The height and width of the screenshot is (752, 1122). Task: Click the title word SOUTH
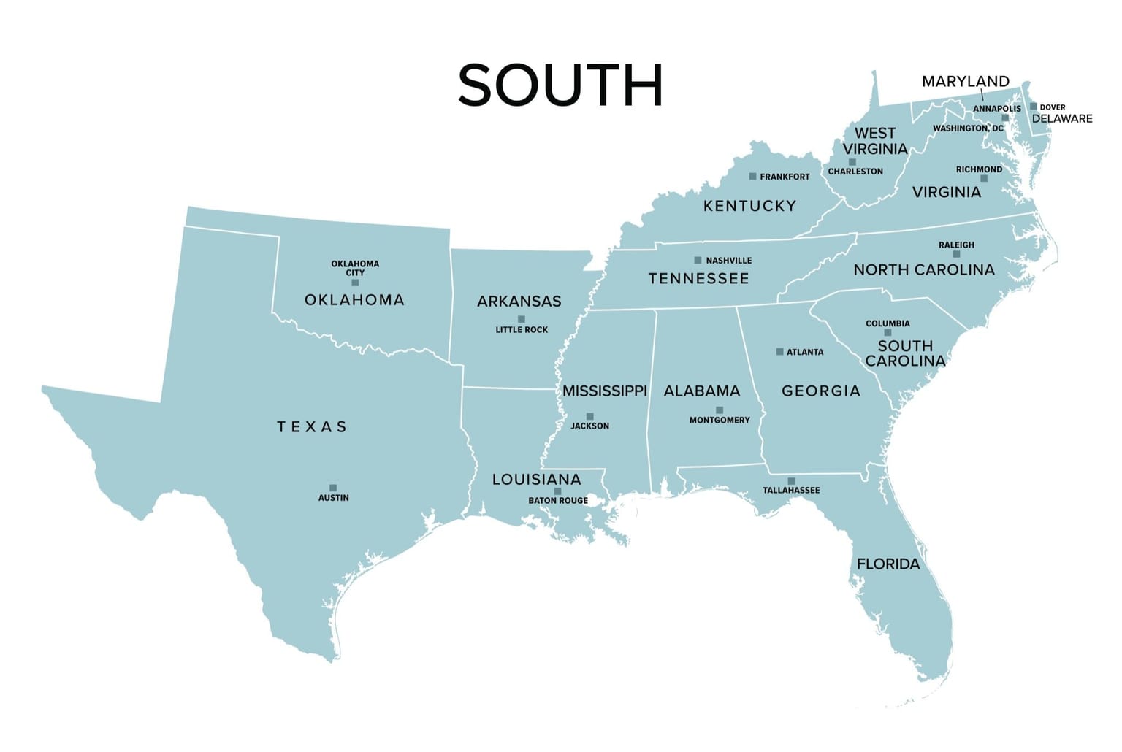coord(560,85)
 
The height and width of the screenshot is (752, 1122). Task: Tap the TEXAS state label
coord(312,426)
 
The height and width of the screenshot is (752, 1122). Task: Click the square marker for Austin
coord(333,488)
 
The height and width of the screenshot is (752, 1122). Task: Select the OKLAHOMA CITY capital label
coord(355,268)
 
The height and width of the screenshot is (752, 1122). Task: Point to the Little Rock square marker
coord(521,319)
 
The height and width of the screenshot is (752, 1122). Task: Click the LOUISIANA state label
coord(536,480)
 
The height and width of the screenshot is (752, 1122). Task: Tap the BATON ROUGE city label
coord(558,501)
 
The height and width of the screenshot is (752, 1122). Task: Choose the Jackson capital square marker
coord(589,416)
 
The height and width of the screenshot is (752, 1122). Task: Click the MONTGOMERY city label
coord(720,421)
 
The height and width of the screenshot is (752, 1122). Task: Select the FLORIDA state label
coord(888,564)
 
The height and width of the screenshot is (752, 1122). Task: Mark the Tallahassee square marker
coord(791,481)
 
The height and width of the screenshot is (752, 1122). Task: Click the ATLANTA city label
coord(805,352)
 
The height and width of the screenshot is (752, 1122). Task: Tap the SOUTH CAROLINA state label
coord(905,353)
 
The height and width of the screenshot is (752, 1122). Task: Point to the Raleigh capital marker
coord(956,254)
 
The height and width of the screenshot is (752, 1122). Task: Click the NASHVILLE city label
coord(728,261)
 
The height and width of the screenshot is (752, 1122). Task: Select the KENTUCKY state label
coord(749,206)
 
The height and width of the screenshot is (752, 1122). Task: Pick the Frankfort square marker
coord(752,177)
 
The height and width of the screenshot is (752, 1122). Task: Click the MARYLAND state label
coord(965,81)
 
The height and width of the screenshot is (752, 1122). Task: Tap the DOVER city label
coord(1052,107)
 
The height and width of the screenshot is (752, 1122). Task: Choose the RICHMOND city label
coord(979,169)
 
